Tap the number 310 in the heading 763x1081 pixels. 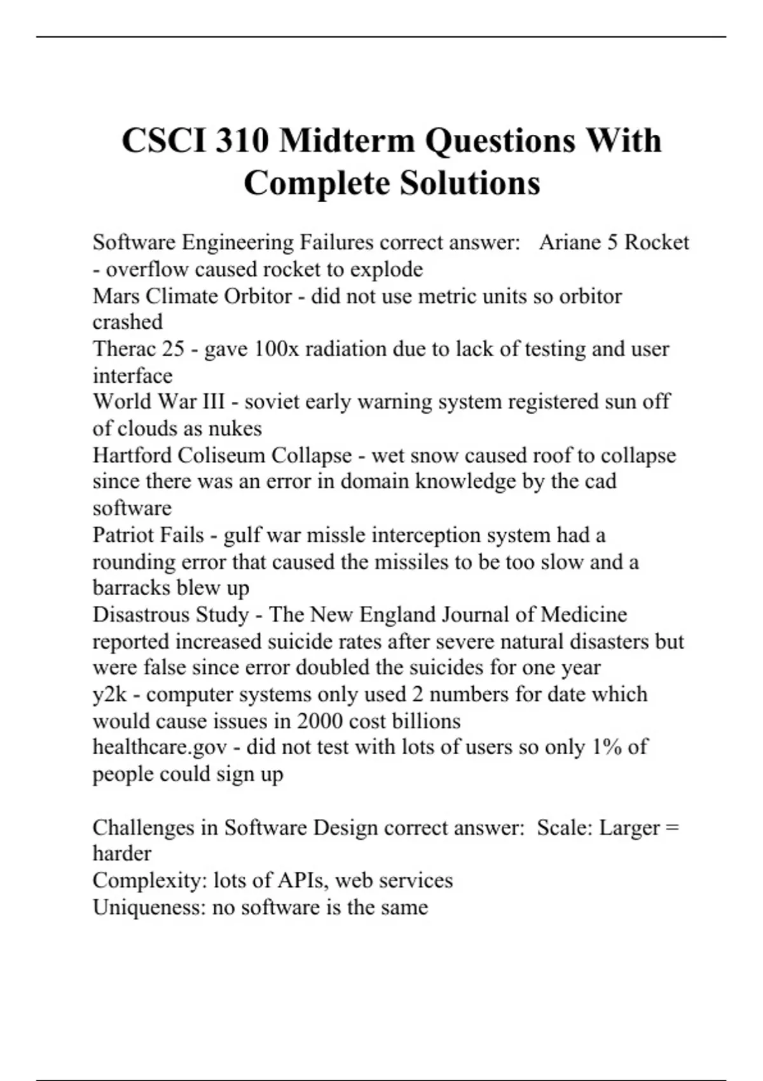[x=242, y=141]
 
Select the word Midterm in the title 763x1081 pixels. [x=347, y=141]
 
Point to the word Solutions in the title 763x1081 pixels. [x=470, y=183]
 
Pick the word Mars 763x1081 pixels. [x=116, y=296]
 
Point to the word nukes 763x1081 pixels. [x=237, y=429]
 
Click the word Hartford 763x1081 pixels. [x=132, y=455]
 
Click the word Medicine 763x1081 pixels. [x=584, y=614]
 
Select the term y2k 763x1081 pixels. [x=110, y=694]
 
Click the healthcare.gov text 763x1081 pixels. [x=160, y=747]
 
